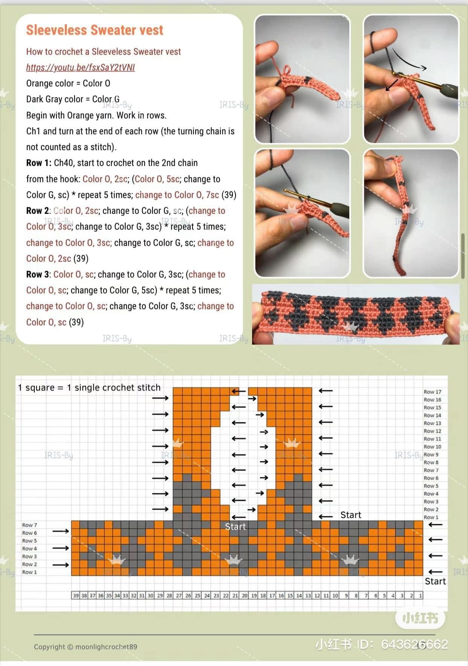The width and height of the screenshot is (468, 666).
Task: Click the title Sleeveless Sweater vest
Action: tap(94, 30)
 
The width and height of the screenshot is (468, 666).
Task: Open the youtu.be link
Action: tap(80, 67)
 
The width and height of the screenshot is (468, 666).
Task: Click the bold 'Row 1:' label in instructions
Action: tap(38, 163)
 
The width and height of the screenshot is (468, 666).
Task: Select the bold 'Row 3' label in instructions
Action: tap(38, 274)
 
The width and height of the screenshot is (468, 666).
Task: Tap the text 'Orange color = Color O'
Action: tap(68, 83)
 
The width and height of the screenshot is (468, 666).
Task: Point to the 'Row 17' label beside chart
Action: tap(432, 392)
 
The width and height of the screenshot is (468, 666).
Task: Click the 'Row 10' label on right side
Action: tap(432, 447)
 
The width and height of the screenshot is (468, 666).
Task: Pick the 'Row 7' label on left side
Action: tap(29, 525)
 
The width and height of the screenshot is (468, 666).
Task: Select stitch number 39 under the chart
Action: tap(76, 596)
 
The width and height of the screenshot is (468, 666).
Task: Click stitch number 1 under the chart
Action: tap(421, 596)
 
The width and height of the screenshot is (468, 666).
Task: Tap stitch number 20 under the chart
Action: tap(245, 596)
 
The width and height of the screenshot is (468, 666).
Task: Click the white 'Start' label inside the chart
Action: tap(235, 527)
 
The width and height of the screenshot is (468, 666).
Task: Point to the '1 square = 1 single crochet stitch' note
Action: tap(89, 387)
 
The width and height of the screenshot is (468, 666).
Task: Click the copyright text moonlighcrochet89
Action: tap(86, 647)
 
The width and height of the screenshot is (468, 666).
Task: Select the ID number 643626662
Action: tap(414, 645)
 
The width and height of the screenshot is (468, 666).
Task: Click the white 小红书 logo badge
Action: tap(420, 618)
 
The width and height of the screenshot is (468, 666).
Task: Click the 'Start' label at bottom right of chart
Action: tap(435, 581)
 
